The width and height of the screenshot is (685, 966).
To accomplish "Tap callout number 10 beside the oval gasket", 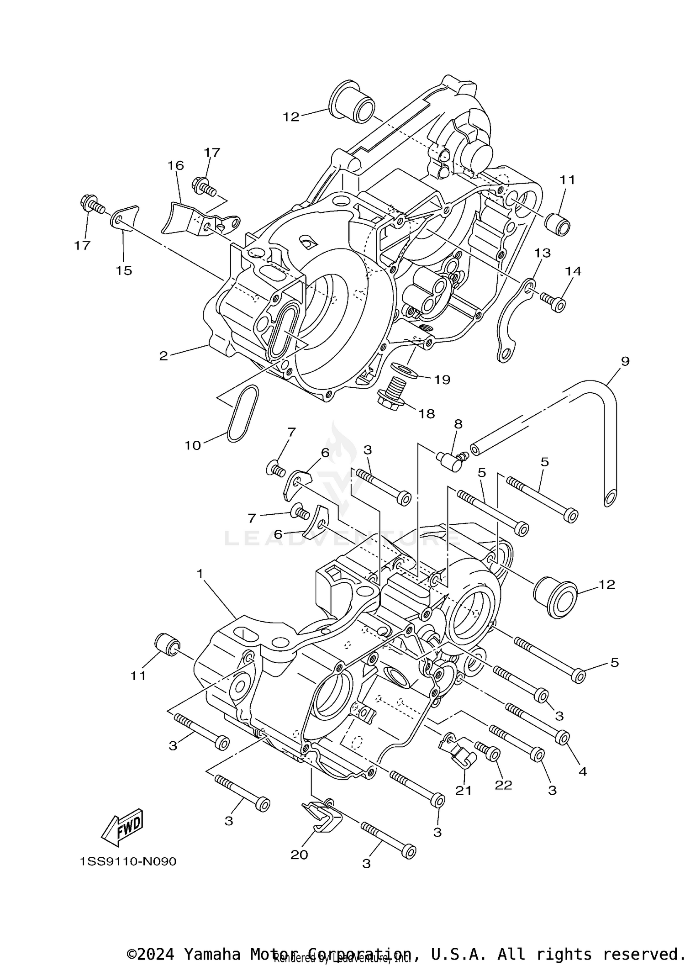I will pyautogui.click(x=192, y=445).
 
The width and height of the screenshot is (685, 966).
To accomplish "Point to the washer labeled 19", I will pyautogui.click(x=405, y=369).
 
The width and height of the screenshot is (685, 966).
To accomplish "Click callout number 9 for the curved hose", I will pyautogui.click(x=625, y=361).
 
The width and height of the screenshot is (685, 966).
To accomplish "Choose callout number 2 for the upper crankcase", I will pyautogui.click(x=163, y=356).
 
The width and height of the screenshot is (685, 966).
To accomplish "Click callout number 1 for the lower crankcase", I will pyautogui.click(x=200, y=574).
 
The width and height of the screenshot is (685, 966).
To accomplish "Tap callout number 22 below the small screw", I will pyautogui.click(x=503, y=785).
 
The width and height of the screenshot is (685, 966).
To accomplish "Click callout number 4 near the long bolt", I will pyautogui.click(x=582, y=771).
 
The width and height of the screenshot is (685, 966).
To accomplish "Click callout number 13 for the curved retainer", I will pyautogui.click(x=543, y=253).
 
